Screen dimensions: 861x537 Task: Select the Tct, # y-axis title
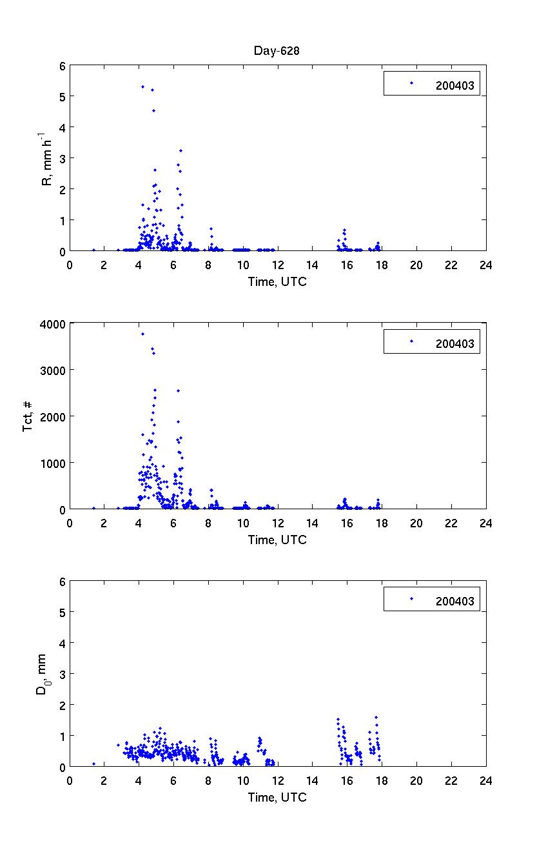(29, 416)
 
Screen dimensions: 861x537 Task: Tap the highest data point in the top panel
(142, 86)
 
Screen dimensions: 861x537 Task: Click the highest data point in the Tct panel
(142, 334)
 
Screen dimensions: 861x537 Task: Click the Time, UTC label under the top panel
(277, 281)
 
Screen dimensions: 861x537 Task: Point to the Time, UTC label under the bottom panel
(277, 797)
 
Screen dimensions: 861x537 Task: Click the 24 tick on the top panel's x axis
(485, 265)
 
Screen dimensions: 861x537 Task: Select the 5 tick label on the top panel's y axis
(62, 96)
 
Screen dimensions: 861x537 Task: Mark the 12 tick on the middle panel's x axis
(277, 523)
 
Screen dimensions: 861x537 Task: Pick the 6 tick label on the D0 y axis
(62, 581)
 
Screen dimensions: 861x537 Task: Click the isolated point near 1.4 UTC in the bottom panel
(93, 764)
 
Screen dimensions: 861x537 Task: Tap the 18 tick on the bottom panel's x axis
(382, 780)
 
